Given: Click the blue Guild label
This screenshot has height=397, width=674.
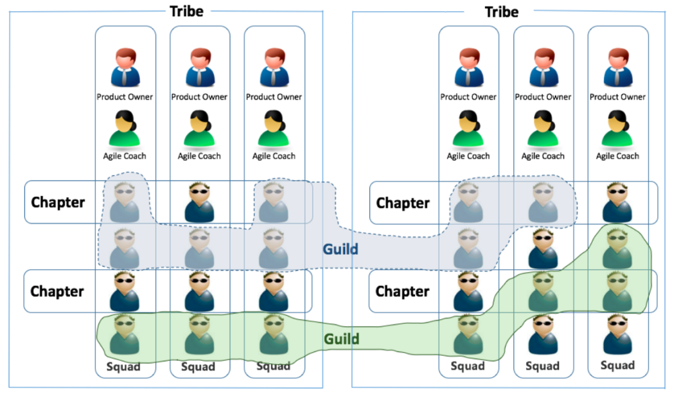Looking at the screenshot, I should [x=340, y=250].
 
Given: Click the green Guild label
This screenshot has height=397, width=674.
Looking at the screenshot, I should [x=341, y=339].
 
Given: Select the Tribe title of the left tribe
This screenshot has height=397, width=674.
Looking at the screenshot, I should [x=186, y=11].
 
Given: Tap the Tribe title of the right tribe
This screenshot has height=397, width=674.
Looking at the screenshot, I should [x=501, y=11].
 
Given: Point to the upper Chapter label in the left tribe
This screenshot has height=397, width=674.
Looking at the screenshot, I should [x=58, y=202].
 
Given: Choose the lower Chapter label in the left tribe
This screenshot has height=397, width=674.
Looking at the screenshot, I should [x=57, y=292].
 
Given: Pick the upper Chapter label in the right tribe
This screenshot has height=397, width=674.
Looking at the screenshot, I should [x=403, y=203].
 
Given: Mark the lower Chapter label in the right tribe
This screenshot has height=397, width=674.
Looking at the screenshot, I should [x=403, y=292].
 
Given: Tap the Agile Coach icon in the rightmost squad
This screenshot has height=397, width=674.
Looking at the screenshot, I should [x=617, y=128].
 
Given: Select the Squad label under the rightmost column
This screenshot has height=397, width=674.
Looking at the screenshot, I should [x=617, y=365].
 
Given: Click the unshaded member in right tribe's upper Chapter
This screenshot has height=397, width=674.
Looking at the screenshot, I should [x=617, y=202].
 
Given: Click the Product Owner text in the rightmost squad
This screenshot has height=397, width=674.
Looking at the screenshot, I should [x=617, y=97].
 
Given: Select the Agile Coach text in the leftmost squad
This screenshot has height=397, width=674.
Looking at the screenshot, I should [x=125, y=156].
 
